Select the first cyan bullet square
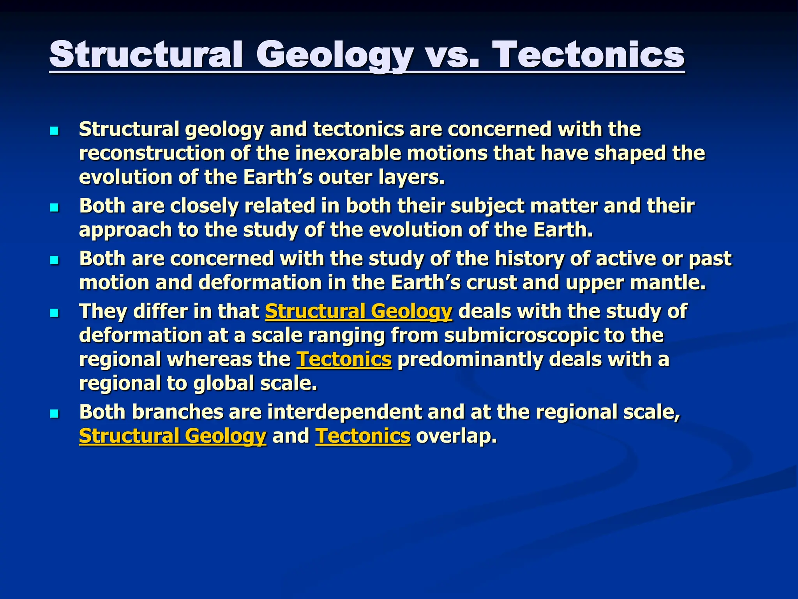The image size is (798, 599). [54, 131]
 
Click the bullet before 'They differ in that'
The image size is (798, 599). [54, 313]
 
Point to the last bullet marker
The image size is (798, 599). [54, 413]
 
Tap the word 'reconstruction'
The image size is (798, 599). [152, 153]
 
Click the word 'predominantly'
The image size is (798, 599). [470, 359]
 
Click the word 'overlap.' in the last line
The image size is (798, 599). [456, 436]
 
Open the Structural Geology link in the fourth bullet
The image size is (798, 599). [358, 312]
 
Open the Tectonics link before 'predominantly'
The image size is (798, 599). [344, 359]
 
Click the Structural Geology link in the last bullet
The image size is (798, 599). [173, 436]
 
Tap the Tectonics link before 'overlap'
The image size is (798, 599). [362, 436]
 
